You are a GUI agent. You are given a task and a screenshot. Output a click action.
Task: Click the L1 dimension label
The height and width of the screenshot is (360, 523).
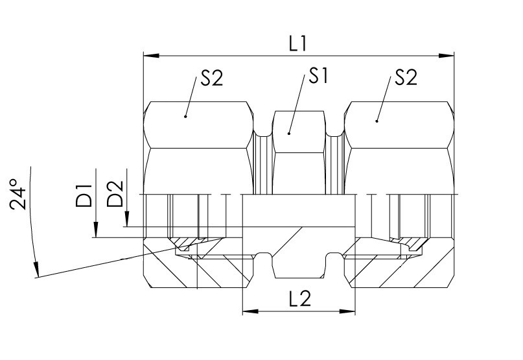(x=297, y=43)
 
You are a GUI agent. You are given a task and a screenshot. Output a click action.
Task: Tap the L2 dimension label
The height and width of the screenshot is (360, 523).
(x=300, y=298)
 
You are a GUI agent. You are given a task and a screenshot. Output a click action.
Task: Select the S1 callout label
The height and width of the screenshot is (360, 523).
(x=319, y=75)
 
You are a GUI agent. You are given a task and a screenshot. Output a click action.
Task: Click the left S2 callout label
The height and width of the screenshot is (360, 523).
(x=211, y=79)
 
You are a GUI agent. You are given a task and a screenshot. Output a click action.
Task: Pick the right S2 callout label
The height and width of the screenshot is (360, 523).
(x=406, y=77)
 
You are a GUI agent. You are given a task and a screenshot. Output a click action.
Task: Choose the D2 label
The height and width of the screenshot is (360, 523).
(x=115, y=194)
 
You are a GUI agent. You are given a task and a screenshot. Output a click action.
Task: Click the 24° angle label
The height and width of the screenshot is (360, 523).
(x=18, y=195)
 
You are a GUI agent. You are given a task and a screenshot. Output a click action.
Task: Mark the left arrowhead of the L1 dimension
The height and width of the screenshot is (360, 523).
(x=151, y=55)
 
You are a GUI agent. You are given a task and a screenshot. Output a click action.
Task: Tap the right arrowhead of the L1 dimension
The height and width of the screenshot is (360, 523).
(x=447, y=55)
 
